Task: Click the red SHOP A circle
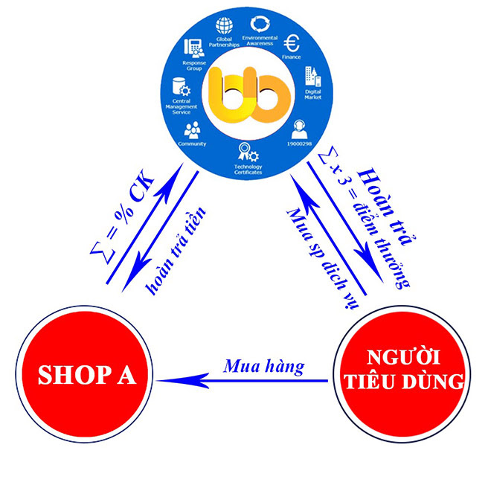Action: [x=84, y=374]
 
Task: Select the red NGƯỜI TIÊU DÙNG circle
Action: [x=402, y=374]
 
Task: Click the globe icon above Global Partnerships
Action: [x=224, y=26]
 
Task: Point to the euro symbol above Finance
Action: [x=292, y=43]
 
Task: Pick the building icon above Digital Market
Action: [x=312, y=77]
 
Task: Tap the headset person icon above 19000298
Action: [x=299, y=129]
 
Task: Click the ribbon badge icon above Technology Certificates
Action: [x=248, y=153]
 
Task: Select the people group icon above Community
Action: [x=192, y=130]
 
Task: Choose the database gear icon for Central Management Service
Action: [x=182, y=86]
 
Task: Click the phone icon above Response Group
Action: [x=194, y=48]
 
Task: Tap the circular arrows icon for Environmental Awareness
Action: [x=260, y=24]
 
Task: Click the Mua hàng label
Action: [x=263, y=366]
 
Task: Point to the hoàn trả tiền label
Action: [x=176, y=250]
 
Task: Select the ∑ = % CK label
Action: [x=122, y=216]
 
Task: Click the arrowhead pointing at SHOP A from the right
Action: [x=182, y=381]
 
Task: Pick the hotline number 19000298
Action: [x=299, y=144]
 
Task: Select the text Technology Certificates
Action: [x=248, y=170]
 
